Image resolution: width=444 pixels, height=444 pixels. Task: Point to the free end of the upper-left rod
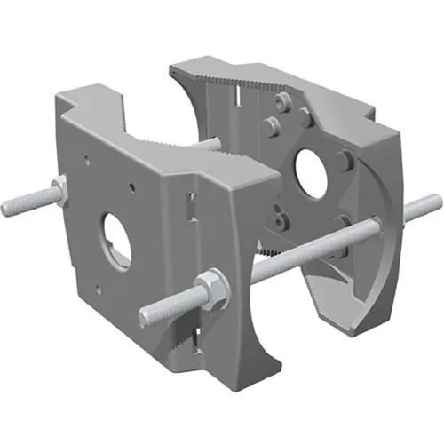pos(9,210)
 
